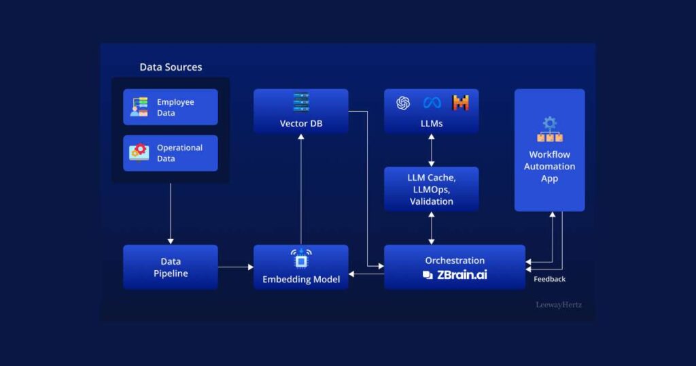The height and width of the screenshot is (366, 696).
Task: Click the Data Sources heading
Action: pos(171,67)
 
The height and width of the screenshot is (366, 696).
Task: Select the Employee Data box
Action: pos(171,107)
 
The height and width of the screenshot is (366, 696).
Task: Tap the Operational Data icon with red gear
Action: pos(139,153)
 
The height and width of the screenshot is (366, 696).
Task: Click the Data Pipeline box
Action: pos(171,267)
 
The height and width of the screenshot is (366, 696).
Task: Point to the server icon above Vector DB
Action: pos(301,102)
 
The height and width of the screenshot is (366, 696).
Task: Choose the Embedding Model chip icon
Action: pos(301,259)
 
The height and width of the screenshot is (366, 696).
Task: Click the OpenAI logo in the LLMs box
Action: pos(403,103)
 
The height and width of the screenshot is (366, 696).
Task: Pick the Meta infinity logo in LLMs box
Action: pos(432,103)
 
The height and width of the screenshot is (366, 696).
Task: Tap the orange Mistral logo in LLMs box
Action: pos(460,103)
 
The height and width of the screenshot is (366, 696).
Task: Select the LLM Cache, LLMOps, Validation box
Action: pos(432,189)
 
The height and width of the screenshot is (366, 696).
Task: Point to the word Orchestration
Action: pos(455,261)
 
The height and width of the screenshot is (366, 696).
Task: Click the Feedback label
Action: pos(549,279)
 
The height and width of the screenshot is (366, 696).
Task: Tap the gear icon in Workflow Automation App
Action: pos(550,123)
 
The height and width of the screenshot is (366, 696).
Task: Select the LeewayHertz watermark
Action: pos(559,305)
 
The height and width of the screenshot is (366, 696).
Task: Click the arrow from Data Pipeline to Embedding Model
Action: pos(236,267)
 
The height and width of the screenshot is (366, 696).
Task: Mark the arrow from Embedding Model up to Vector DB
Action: pos(301,189)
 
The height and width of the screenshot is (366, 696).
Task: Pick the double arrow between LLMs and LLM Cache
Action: pos(432,150)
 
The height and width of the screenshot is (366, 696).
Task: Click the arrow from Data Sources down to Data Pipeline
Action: pos(171,214)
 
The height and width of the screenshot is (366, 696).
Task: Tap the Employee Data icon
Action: pos(139,107)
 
